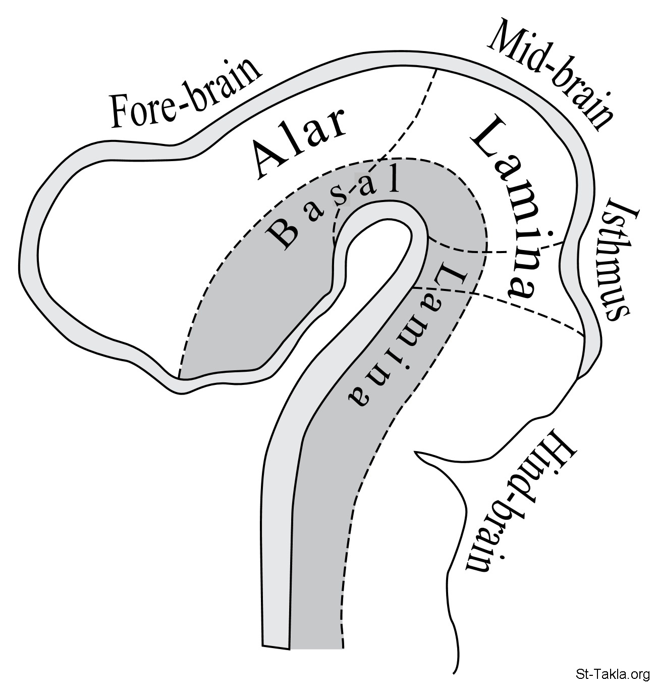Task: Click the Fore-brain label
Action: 186,94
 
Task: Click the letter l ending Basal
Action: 395,179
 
